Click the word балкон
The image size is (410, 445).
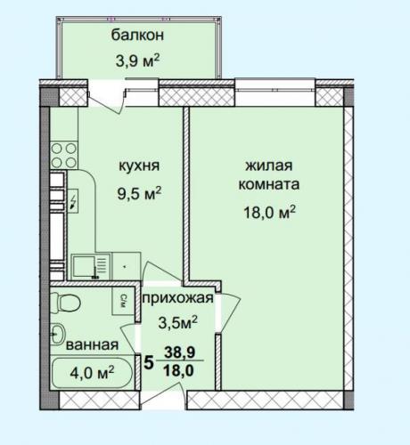[x=137, y=36]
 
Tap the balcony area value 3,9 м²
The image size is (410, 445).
[x=137, y=61]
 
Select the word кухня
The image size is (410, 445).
[x=139, y=166]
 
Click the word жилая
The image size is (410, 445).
[x=269, y=166]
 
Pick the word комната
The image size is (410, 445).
[x=269, y=185]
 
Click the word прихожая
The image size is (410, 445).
[x=178, y=298]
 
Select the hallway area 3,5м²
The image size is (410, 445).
[x=178, y=322]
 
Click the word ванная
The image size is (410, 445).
[x=92, y=345]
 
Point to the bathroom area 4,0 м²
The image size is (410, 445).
[x=92, y=372]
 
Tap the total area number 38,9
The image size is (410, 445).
[x=180, y=352]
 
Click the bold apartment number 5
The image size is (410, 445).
[x=149, y=362]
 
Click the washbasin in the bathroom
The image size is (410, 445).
[x=57, y=334]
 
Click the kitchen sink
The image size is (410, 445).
[x=90, y=266]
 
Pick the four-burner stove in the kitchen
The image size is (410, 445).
[x=64, y=156]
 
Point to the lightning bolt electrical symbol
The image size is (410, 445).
[x=73, y=201]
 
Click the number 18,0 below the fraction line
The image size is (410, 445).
[x=179, y=369]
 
